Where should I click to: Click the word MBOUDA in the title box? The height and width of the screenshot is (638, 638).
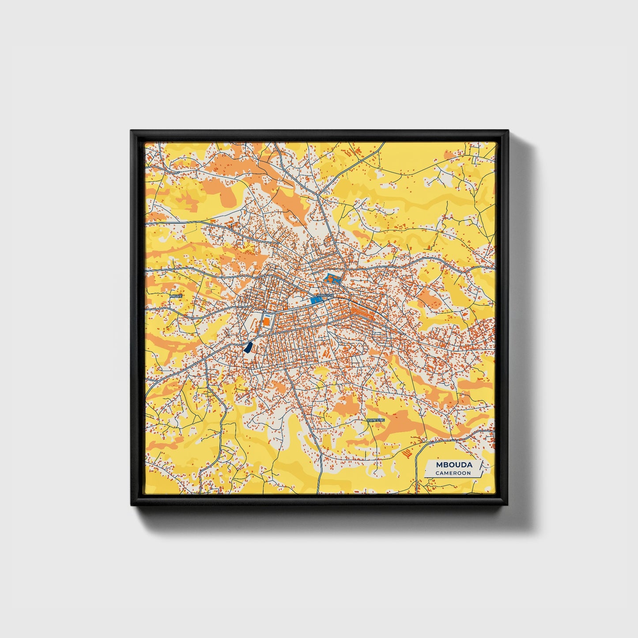(454, 464)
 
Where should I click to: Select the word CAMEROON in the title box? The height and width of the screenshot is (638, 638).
(453, 473)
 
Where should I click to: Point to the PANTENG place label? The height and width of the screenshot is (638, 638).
(376, 420)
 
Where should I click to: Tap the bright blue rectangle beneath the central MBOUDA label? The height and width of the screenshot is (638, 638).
(316, 301)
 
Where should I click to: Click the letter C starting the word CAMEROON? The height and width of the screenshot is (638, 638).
(437, 473)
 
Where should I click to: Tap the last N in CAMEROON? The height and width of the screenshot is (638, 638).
(469, 473)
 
